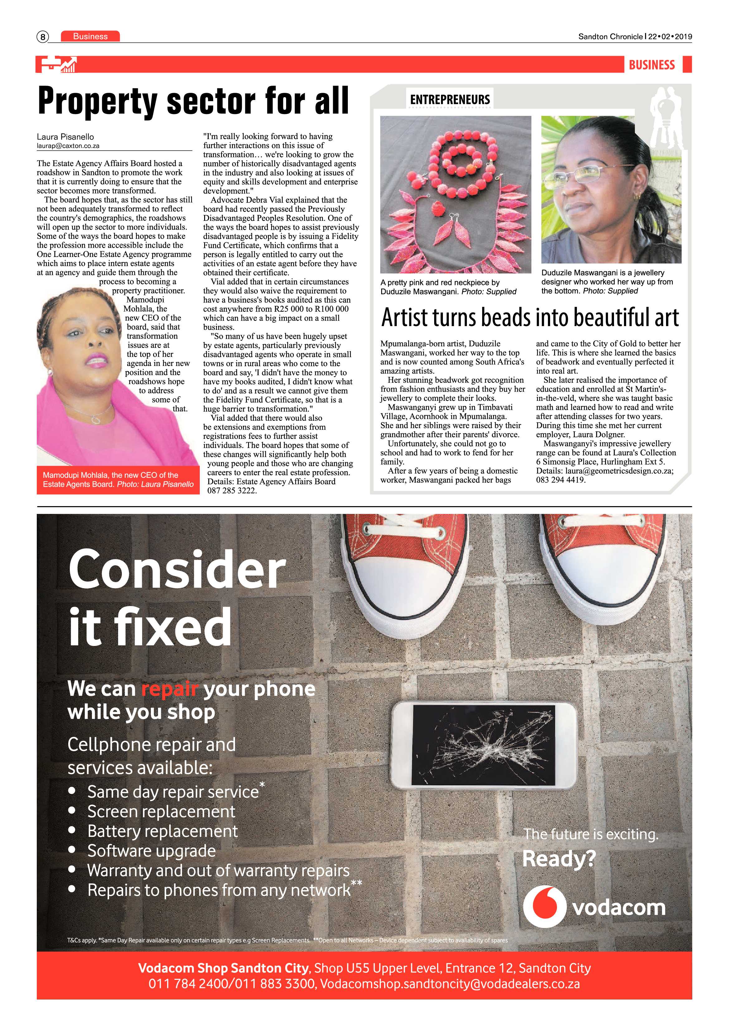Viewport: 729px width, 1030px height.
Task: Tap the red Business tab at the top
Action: coord(90,36)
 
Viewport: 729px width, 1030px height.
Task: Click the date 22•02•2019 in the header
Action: coord(670,37)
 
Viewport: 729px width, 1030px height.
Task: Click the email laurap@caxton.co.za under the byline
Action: coord(68,146)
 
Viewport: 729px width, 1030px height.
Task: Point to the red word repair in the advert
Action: coord(170,689)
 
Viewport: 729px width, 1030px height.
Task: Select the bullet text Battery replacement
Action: coord(162,831)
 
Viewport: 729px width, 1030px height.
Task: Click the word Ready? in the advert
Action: coord(559,859)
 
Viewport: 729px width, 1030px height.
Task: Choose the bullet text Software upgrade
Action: coord(152,851)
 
